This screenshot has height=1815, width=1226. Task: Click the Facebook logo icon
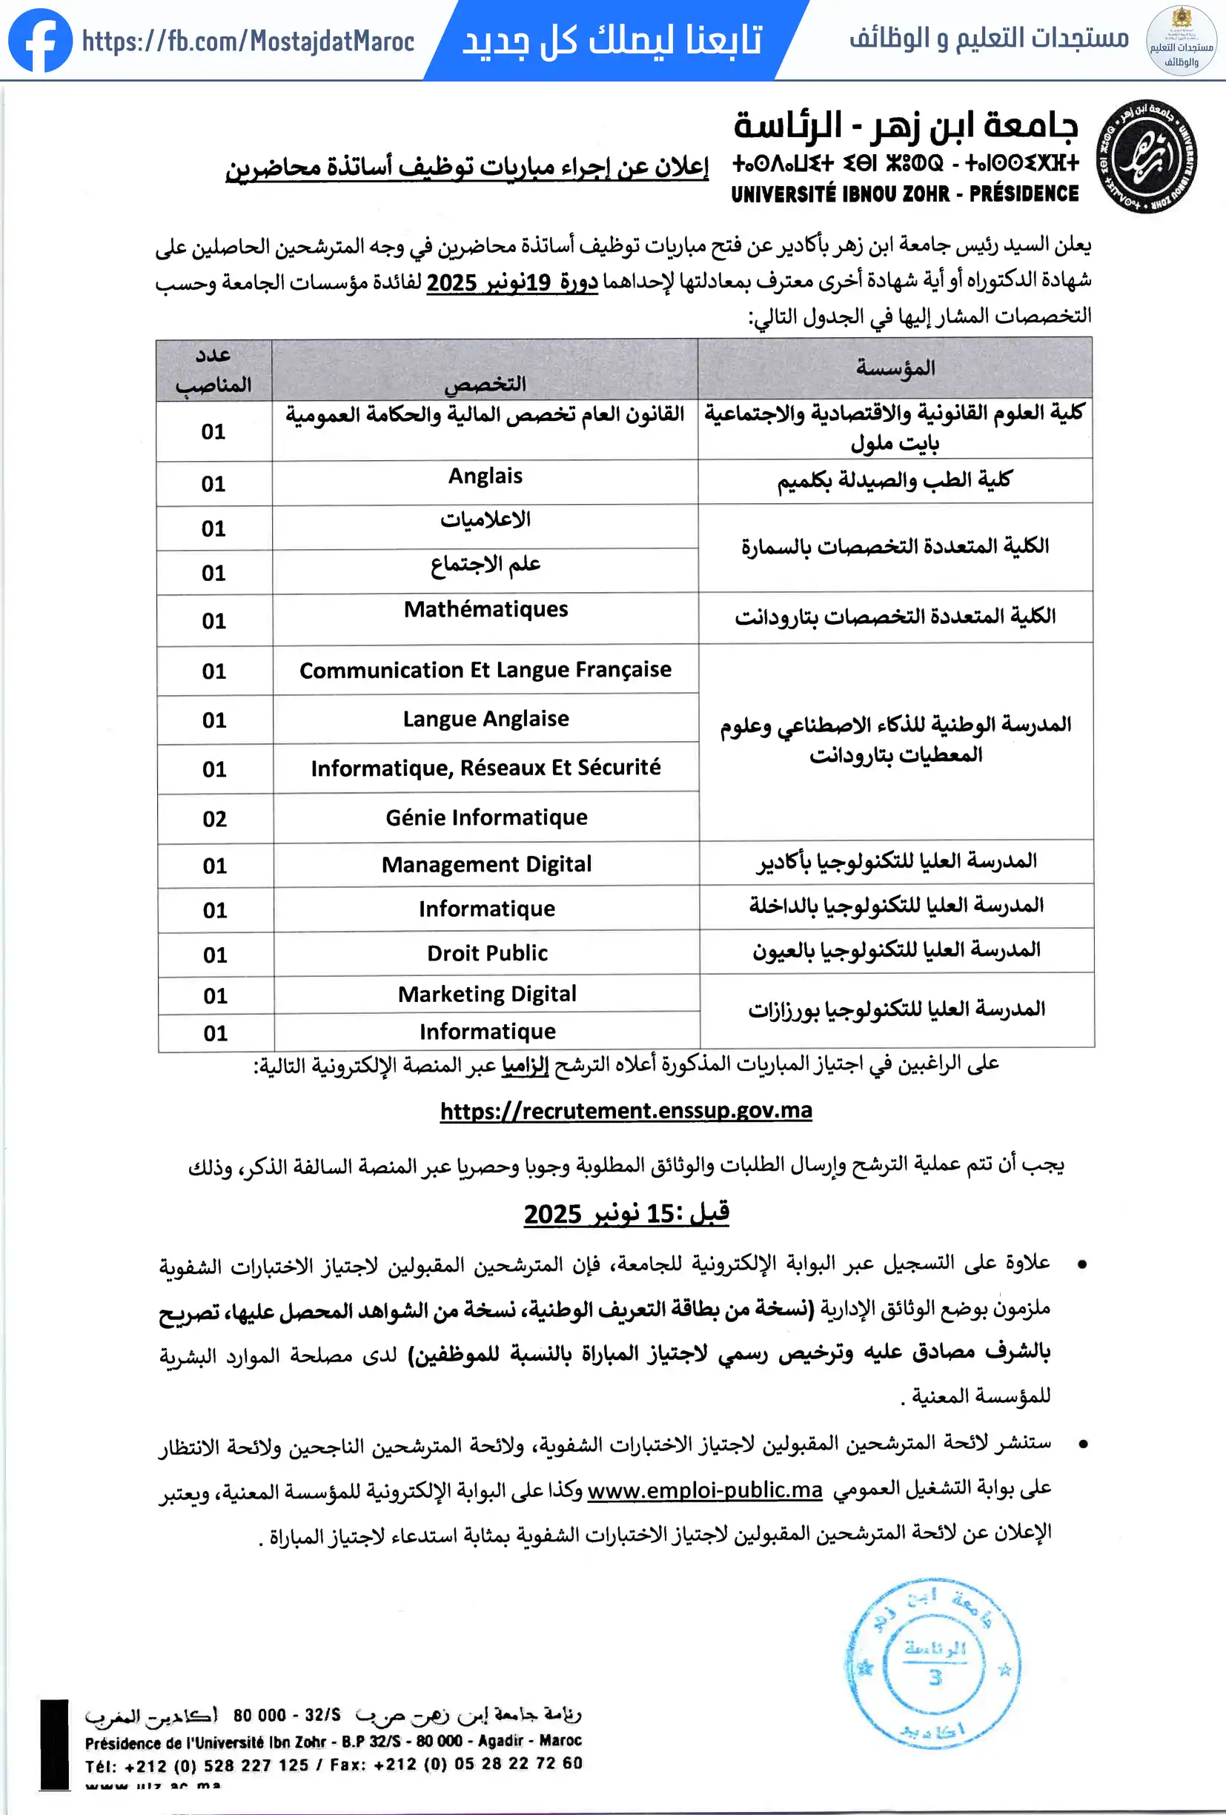pos(40,41)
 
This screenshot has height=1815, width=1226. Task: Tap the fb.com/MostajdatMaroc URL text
pos(248,42)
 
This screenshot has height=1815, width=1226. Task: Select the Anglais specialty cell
pos(485,477)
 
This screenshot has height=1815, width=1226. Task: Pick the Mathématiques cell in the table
pos(486,610)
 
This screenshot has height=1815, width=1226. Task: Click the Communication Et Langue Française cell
pos(485,670)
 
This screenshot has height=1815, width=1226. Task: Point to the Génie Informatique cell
pos(486,817)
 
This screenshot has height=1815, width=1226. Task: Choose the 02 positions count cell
pos(215,819)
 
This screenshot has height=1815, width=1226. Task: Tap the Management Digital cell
pos(486,865)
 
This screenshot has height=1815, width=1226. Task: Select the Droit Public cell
pos(486,954)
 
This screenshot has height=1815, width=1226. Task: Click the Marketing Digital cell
pos(486,994)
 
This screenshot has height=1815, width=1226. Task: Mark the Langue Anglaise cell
pos(486,720)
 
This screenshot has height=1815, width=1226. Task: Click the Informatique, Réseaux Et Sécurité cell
pos(486,769)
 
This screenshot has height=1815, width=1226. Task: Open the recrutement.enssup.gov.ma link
pos(626,1110)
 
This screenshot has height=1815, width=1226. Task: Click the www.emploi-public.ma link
pos(704,1490)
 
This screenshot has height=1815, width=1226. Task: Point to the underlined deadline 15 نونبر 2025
pos(626,1214)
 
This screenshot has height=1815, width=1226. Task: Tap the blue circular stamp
pos(934,1664)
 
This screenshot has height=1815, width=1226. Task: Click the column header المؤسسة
pos(895,368)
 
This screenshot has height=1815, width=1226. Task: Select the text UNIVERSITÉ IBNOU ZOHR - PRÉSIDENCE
pos(904,193)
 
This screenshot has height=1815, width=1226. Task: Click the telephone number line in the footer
pos(334,1766)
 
